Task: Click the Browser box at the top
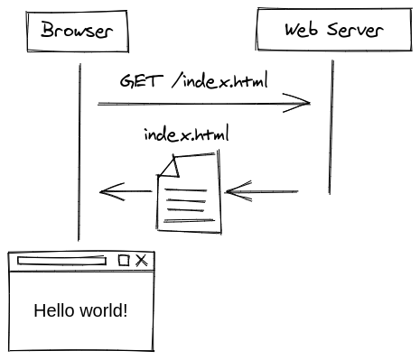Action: (x=77, y=31)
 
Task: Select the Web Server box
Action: (x=333, y=30)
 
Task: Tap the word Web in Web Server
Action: (x=302, y=30)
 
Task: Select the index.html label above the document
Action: (x=186, y=135)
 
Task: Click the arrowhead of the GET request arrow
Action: (x=303, y=104)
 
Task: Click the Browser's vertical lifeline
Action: (x=79, y=153)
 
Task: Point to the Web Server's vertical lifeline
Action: (x=331, y=126)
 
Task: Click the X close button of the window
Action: (x=142, y=261)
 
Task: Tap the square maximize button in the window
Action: (x=125, y=261)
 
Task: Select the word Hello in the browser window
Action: (x=52, y=311)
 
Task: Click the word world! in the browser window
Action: (x=101, y=311)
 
